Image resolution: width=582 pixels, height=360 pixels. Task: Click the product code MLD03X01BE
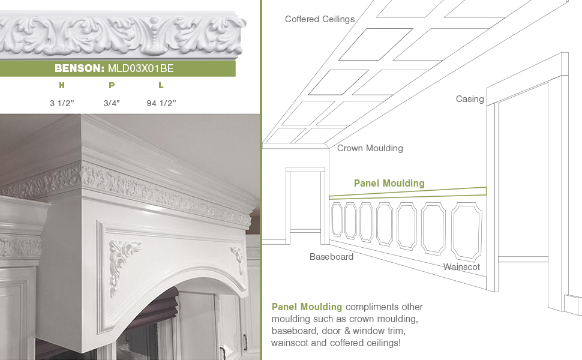tap(140, 68)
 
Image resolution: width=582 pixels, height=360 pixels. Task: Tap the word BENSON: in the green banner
tap(80, 68)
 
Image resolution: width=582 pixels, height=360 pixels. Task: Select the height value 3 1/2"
tap(62, 103)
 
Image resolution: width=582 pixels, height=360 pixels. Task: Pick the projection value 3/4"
tap(112, 103)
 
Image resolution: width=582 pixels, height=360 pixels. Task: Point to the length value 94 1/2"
tap(161, 103)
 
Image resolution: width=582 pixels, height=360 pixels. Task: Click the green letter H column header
tap(62, 86)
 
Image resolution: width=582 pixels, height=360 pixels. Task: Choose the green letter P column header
tap(112, 86)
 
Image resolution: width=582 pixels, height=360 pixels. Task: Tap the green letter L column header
tap(161, 86)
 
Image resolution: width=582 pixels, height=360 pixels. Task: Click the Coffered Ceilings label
tap(320, 19)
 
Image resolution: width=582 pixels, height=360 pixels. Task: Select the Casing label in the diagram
tap(470, 99)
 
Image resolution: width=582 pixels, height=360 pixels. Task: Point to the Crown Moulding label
tap(370, 148)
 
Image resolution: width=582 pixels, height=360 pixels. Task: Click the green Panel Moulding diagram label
tap(389, 184)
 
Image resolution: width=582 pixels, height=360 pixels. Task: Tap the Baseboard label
tap(331, 257)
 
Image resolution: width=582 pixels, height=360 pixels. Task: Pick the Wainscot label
tap(461, 266)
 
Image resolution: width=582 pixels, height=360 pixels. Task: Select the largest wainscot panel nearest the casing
tap(466, 230)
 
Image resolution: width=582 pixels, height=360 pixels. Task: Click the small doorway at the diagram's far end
tap(306, 201)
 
